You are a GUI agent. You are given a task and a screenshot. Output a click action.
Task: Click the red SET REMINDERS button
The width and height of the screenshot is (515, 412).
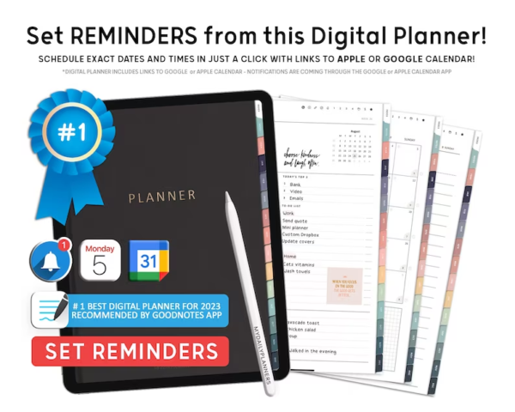(x=130, y=351)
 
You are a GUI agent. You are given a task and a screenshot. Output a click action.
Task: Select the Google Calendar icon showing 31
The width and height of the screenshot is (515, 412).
(x=149, y=260)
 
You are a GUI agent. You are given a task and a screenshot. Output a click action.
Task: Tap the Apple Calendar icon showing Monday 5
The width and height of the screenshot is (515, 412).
(x=100, y=261)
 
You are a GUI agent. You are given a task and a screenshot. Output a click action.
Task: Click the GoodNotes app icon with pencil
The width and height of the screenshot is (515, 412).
(x=49, y=309)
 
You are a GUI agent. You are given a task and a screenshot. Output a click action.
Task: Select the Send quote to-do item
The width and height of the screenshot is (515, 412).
(x=302, y=221)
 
